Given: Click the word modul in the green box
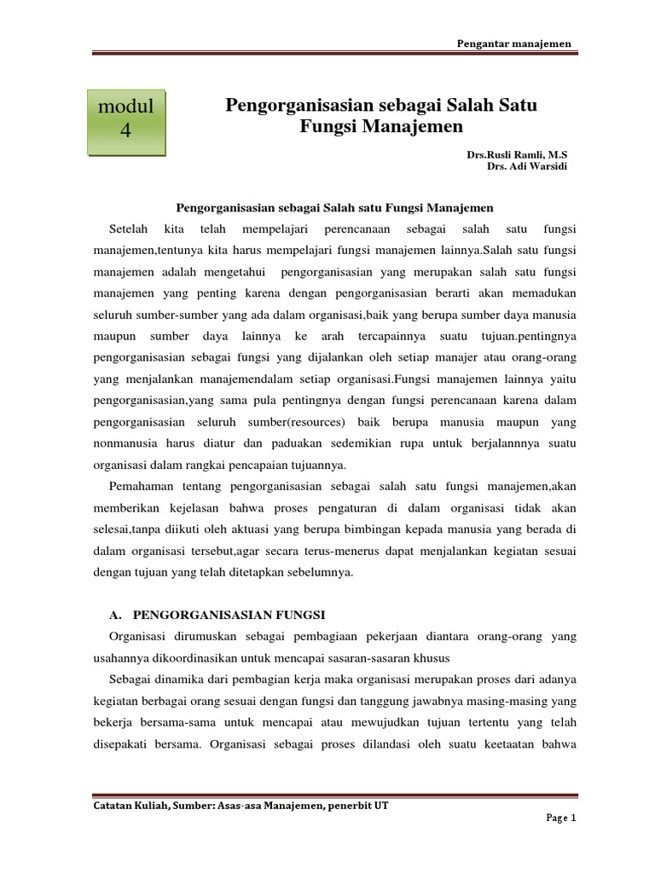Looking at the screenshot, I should (126, 107).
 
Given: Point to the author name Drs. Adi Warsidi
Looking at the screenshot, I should (526, 166).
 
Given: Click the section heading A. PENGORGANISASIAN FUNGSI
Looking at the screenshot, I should (218, 615).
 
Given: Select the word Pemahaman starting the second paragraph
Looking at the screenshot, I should (142, 486).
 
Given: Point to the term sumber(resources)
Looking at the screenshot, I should (304, 422).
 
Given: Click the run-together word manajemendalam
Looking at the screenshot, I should (231, 379).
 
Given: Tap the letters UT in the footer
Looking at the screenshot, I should (380, 805).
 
